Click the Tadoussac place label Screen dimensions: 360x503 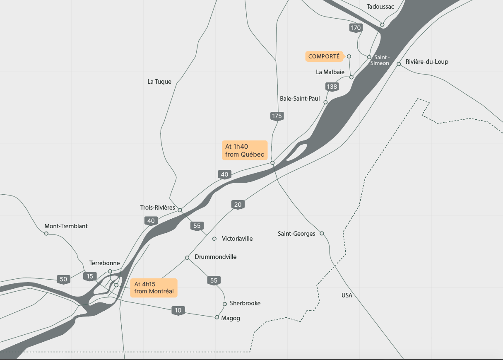tap(380, 6)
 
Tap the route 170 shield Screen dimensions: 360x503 tap(356, 28)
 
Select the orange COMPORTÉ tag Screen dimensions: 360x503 tap(325, 56)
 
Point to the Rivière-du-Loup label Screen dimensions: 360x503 tap(427, 62)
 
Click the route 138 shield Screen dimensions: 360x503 tap(332, 87)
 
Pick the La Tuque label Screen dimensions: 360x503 tap(159, 82)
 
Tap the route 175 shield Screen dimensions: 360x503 tap(277, 116)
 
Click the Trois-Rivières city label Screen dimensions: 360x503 tap(158, 207)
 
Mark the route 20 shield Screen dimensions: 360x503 tap(238, 205)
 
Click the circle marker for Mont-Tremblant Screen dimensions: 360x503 tap(46, 234)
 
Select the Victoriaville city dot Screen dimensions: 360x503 tap(214, 239)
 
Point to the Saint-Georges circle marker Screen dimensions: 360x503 tap(322, 233)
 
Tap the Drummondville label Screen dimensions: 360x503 tap(215, 257)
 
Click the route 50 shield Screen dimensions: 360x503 tap(63, 279)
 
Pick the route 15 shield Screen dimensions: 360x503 tap(90, 276)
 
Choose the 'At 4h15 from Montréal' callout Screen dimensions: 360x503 tap(154, 288)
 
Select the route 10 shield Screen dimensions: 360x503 tap(178, 310)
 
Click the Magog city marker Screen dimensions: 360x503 tap(217, 318)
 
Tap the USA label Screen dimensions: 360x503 tap(347, 295)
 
